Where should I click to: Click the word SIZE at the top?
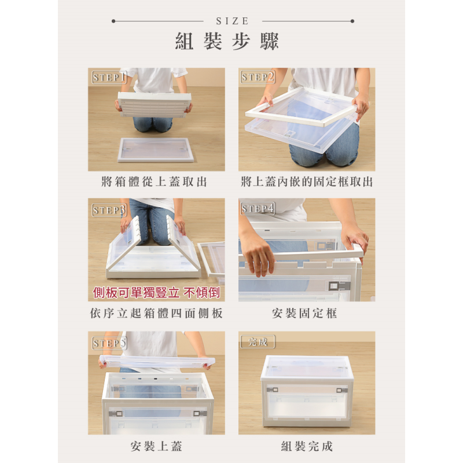point(232,21)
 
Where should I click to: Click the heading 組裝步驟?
point(227,42)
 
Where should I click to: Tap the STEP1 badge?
point(109,77)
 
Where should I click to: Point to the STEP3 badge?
point(109,210)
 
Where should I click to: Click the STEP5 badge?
point(109,343)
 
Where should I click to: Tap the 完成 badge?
point(258,341)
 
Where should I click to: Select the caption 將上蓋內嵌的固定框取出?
point(307,182)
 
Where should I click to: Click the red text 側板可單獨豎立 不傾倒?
point(156,293)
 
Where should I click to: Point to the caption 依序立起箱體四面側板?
point(156,314)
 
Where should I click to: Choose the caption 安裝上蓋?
point(156,446)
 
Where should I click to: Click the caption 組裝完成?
point(307,446)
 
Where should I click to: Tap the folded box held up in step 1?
point(154,104)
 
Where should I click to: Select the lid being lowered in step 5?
point(156,362)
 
